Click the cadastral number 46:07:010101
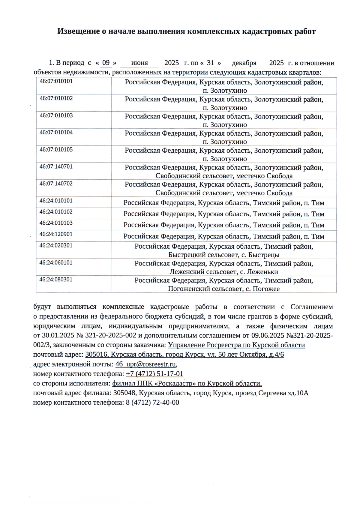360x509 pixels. pos(56,81)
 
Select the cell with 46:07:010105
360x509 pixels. pos(56,149)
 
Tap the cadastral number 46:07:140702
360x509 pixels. pos(56,184)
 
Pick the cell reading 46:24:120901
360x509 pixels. pos(56,234)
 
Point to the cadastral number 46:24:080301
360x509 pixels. pos(56,280)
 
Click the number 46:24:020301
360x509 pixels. pos(56,246)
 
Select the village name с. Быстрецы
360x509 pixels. pos(261,255)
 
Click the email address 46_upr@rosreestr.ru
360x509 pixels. pos(145,364)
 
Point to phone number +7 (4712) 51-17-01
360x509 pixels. pos(154,374)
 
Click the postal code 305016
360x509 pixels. pos(96,355)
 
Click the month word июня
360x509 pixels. pos(139,63)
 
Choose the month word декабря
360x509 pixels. pos(244,63)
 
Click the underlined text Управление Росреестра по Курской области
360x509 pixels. pos(236,345)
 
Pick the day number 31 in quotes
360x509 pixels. pos(211,63)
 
